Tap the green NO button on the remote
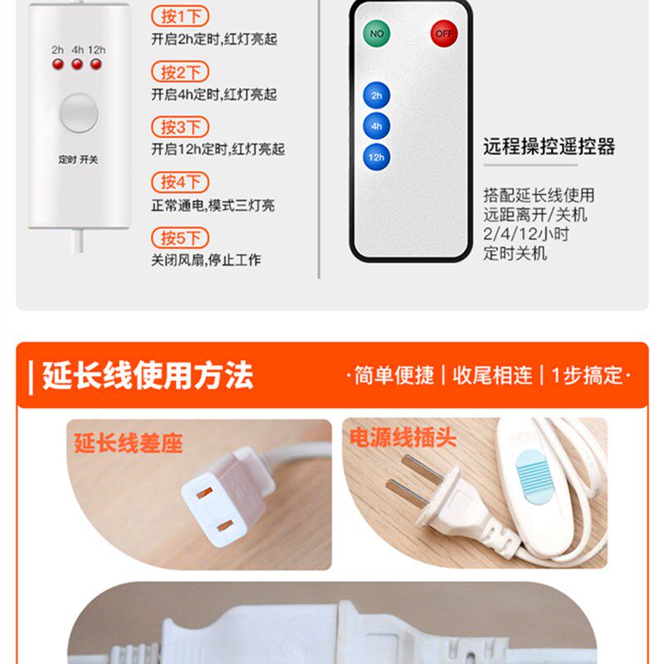[x=377, y=33]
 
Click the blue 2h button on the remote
[x=377, y=95]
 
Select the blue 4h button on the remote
[x=377, y=126]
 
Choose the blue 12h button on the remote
[x=377, y=157]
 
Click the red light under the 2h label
[x=58, y=65]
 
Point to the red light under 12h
[x=96, y=65]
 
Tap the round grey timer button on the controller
[x=79, y=113]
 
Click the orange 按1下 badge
[x=180, y=16]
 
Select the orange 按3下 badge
[x=180, y=127]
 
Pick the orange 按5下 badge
[x=180, y=237]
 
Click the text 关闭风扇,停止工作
[x=206, y=260]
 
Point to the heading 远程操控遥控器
[x=549, y=147]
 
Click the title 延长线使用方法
[x=148, y=375]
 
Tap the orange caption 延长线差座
[x=129, y=443]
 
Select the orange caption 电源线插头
[x=403, y=437]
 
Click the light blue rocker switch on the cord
[x=535, y=476]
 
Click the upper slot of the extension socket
[x=204, y=492]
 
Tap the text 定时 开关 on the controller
[x=78, y=159]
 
